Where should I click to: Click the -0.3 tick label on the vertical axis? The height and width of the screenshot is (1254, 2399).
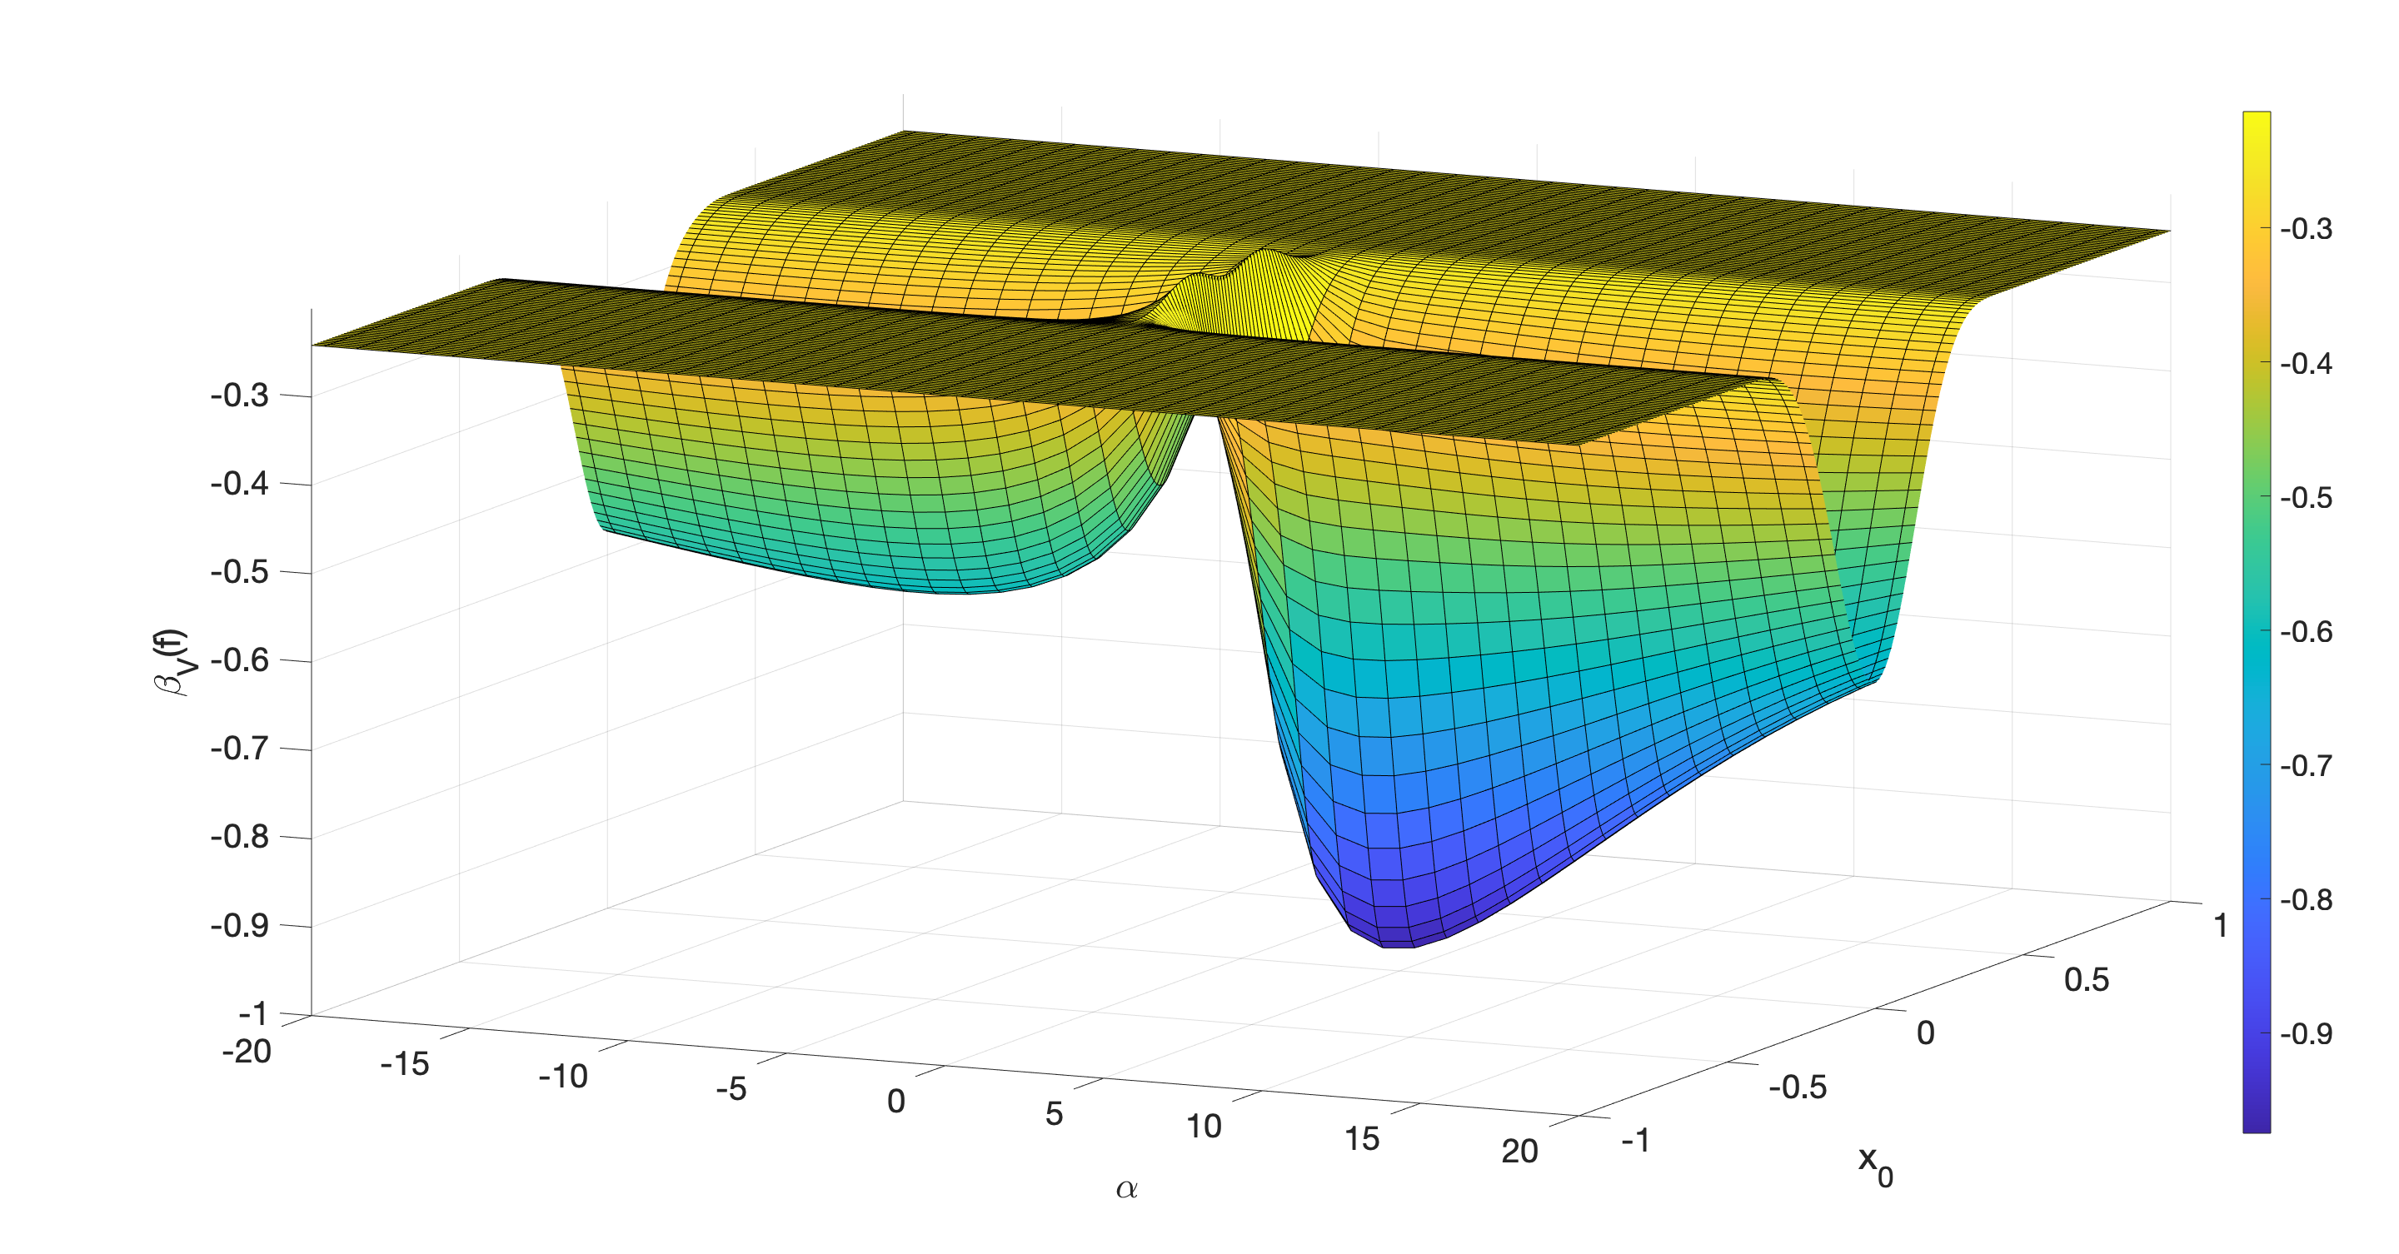tap(239, 396)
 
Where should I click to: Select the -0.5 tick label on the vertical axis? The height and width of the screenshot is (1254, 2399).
tap(239, 571)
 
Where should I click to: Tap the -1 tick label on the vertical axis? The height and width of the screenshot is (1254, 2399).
tap(253, 1013)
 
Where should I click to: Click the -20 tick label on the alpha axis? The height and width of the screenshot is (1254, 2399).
tap(247, 1052)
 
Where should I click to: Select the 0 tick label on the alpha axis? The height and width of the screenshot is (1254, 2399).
tap(896, 1102)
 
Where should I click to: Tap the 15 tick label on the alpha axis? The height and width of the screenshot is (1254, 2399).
tap(1362, 1138)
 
